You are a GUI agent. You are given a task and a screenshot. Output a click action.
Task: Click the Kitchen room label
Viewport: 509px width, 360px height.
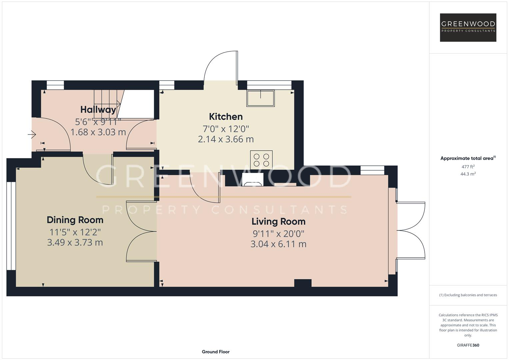coord(226,117)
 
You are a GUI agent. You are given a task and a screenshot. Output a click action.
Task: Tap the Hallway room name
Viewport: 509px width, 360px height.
coord(98,109)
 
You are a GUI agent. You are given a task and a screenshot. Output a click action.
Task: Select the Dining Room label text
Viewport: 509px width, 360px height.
coord(75,220)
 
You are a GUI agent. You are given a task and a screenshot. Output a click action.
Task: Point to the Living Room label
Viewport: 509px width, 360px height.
coord(278,222)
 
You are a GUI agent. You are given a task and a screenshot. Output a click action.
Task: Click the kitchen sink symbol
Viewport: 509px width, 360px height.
coord(260,98)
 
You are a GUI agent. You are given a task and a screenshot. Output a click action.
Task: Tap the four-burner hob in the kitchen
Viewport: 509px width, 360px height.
coord(261,160)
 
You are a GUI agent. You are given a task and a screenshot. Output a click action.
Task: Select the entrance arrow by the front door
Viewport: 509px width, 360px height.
coord(32,135)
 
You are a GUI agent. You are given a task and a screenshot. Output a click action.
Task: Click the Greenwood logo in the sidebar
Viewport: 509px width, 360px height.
coord(468,27)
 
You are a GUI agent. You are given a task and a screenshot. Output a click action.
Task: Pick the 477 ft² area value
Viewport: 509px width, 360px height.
coord(468,167)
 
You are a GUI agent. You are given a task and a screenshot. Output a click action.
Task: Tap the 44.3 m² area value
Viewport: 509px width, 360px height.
coord(468,174)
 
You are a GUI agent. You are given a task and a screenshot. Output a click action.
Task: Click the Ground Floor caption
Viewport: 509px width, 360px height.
coord(216,352)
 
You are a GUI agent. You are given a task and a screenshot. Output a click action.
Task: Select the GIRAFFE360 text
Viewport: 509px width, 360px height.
coord(468,345)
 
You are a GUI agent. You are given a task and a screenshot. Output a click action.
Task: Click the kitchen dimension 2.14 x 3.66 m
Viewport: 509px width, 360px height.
coord(226,139)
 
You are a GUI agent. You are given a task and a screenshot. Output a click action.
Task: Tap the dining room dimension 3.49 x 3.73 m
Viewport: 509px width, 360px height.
coord(75,243)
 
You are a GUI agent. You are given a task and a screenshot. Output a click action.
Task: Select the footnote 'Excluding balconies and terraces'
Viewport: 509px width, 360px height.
coord(468,295)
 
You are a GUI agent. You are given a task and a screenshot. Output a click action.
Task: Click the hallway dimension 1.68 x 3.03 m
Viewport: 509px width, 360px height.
coord(98,132)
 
